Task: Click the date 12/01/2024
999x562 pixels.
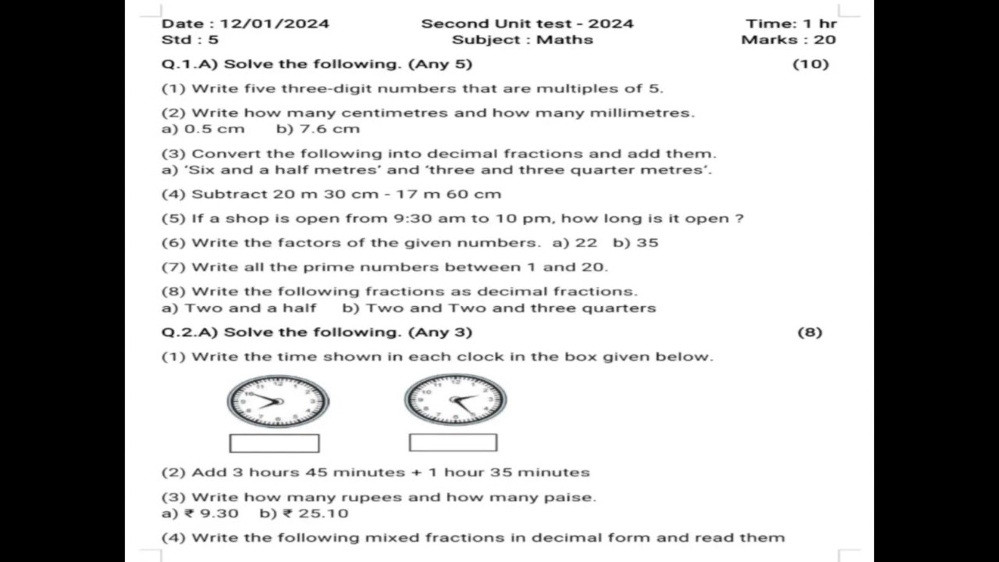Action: pyautogui.click(x=274, y=23)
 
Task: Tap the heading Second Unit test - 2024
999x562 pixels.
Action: pyautogui.click(x=527, y=23)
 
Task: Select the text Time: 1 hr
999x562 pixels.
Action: pyautogui.click(x=791, y=23)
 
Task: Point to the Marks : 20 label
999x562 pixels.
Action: pyautogui.click(x=788, y=40)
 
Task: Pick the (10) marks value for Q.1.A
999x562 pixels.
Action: pyautogui.click(x=810, y=64)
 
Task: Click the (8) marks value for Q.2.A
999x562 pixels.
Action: pyautogui.click(x=809, y=333)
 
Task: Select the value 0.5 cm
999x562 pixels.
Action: pyautogui.click(x=214, y=129)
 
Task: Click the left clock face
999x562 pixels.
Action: pyautogui.click(x=278, y=401)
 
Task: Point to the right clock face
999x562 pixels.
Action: pyautogui.click(x=455, y=400)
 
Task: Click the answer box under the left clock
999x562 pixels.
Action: pyautogui.click(x=274, y=443)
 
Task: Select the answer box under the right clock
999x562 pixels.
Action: pyautogui.click(x=453, y=443)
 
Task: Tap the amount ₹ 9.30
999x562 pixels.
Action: pyautogui.click(x=212, y=514)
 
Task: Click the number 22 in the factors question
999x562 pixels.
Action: pyautogui.click(x=585, y=243)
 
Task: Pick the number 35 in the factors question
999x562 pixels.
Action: pyautogui.click(x=647, y=243)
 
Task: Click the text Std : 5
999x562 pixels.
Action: pyautogui.click(x=190, y=40)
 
